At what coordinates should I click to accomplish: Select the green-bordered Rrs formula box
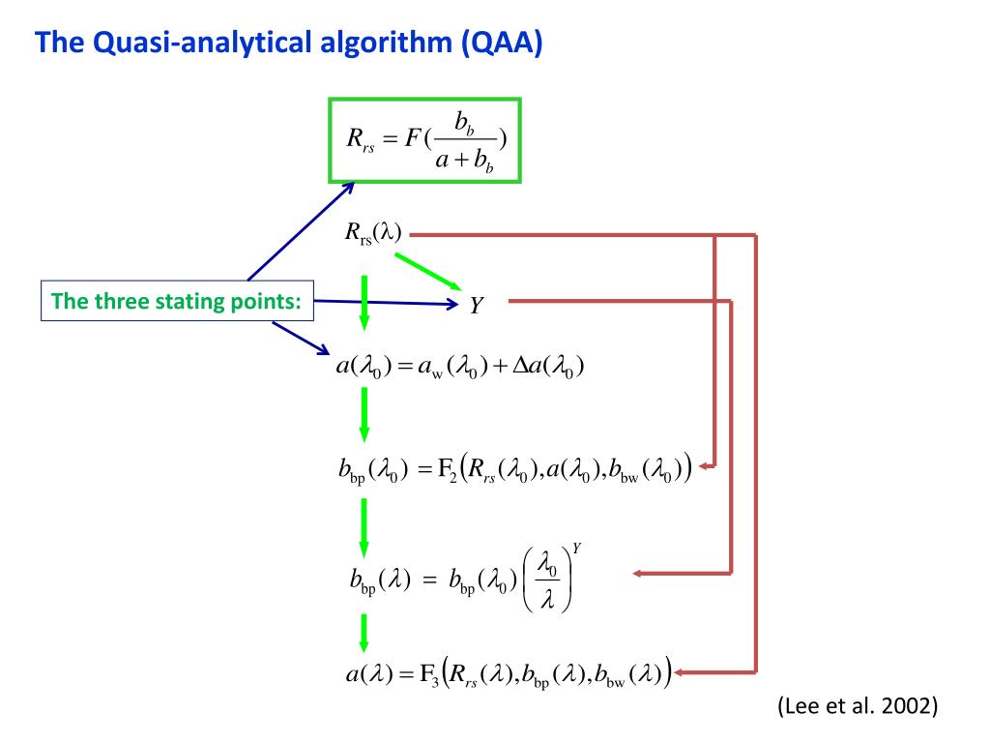point(425,139)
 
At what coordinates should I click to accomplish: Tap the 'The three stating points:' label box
point(176,301)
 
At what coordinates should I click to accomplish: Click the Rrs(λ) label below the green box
point(373,233)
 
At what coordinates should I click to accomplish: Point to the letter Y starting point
point(476,306)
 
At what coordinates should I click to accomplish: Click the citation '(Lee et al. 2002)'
point(858,706)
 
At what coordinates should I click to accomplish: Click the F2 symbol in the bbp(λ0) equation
point(447,471)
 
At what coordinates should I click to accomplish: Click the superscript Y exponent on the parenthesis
point(576,548)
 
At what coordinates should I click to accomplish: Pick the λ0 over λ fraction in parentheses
point(547,580)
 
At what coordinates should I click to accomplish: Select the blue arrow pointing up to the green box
point(299,232)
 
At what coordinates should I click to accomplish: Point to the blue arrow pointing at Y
point(387,303)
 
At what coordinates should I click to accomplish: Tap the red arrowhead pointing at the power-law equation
point(640,574)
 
